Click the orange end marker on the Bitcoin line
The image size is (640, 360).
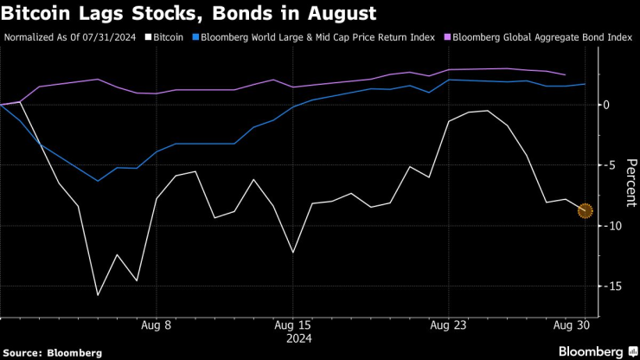point(585,210)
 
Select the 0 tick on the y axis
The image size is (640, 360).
point(607,105)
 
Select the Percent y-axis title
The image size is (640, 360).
point(630,180)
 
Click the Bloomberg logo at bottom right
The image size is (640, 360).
point(592,351)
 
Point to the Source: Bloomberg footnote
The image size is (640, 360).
point(53,352)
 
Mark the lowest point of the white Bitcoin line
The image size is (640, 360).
point(98,295)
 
